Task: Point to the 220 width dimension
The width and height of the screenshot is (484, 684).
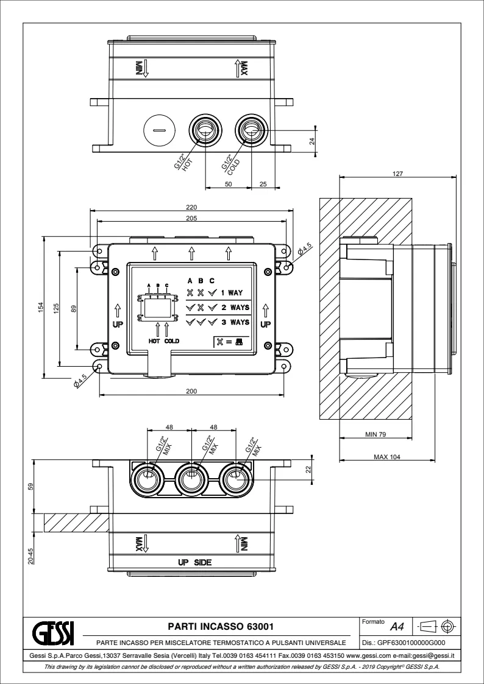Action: pos(191,208)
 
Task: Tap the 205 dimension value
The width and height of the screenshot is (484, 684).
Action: pos(191,217)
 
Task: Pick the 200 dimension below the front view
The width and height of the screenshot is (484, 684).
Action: pos(191,391)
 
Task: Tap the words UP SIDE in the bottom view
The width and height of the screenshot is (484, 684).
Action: pos(194,562)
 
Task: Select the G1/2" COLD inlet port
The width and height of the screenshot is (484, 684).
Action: pos(251,129)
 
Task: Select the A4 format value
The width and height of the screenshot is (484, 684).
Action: pos(397,626)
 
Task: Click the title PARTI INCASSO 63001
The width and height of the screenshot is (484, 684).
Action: pos(219,626)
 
